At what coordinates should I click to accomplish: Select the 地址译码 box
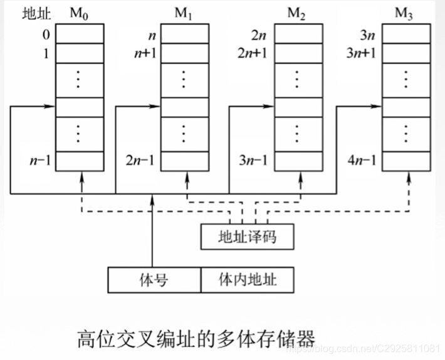click(x=246, y=237)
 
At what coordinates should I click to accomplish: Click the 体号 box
click(x=154, y=279)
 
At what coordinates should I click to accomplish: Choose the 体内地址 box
click(x=247, y=279)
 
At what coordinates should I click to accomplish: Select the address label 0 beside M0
click(x=45, y=33)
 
